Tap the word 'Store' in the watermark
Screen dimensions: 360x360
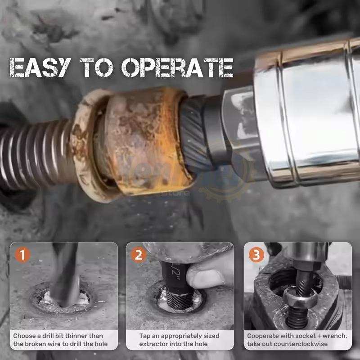(x=180, y=194)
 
